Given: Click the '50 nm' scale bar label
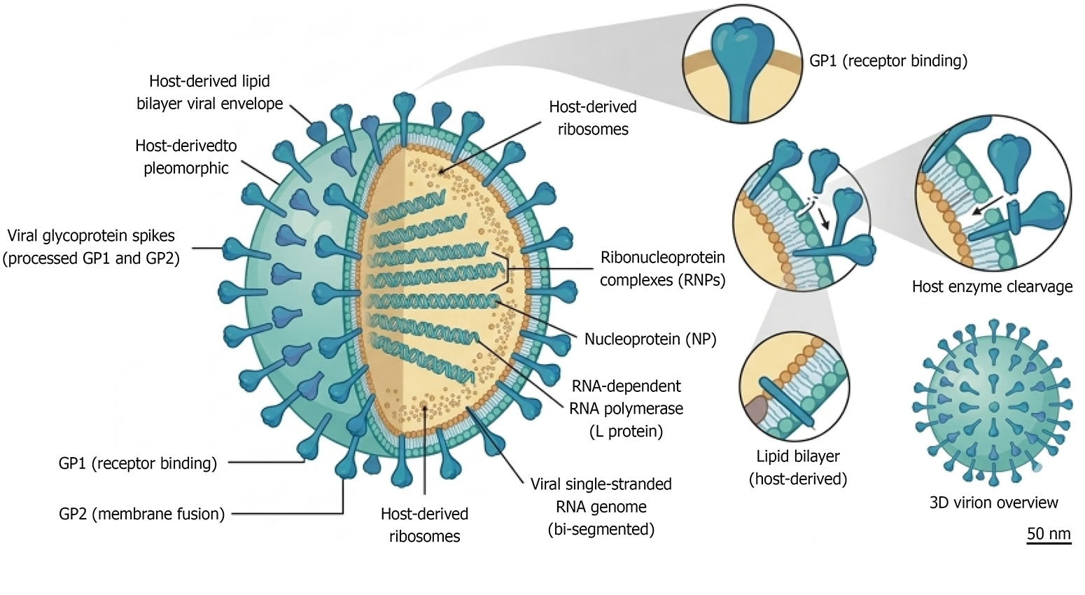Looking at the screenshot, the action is pyautogui.click(x=1049, y=533).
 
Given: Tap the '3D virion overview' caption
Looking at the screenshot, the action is pyautogui.click(x=993, y=503).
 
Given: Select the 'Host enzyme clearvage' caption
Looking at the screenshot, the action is pyautogui.click(x=992, y=286).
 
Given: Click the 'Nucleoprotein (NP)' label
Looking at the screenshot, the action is pyautogui.click(x=650, y=339).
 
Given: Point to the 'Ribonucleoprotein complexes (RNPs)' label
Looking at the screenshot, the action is pyautogui.click(x=663, y=268).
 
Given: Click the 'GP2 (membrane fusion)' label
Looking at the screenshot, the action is pyautogui.click(x=141, y=514).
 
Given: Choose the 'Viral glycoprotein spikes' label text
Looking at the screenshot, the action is pyautogui.click(x=91, y=235).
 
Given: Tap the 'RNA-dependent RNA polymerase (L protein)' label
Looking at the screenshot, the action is pyautogui.click(x=626, y=409).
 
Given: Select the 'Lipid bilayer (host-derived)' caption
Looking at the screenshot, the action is pyautogui.click(x=798, y=468).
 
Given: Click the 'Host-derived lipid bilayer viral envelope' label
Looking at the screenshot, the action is pyautogui.click(x=210, y=92).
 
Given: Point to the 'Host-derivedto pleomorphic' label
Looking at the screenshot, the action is pyautogui.click(x=186, y=157).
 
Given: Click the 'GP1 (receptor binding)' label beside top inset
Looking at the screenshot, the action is pyautogui.click(x=888, y=61).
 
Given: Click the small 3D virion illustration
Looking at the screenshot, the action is pyautogui.click(x=993, y=404).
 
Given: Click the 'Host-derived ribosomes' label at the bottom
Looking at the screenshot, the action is pyautogui.click(x=424, y=525).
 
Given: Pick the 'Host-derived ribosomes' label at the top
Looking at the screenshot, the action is pyautogui.click(x=593, y=118).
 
